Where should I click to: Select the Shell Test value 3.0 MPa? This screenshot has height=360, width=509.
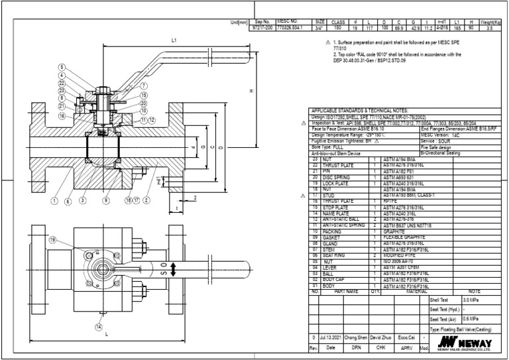point(471,300)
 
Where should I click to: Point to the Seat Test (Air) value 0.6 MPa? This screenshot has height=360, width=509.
point(471,319)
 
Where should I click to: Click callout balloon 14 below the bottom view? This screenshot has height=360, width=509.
point(99,326)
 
